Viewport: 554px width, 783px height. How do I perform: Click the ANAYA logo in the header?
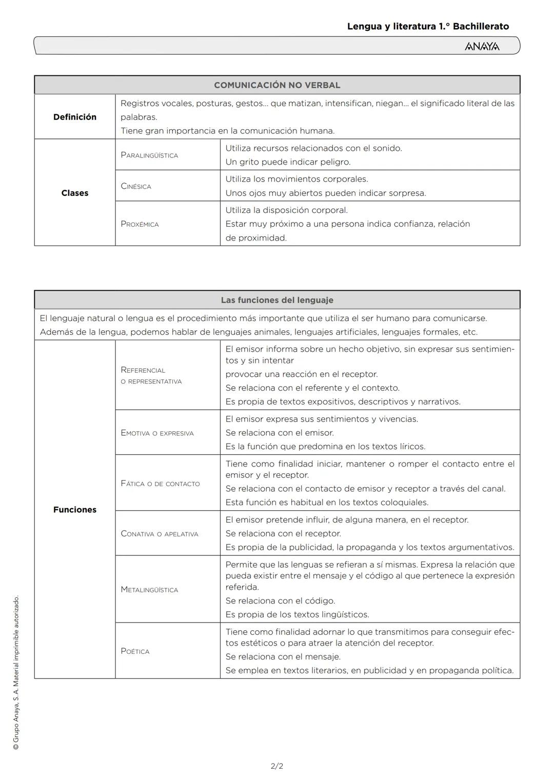tap(482, 47)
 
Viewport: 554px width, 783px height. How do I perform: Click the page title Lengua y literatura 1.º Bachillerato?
tap(428, 26)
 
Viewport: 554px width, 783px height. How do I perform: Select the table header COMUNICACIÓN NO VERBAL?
tap(277, 85)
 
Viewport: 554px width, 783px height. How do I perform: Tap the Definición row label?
tap(75, 117)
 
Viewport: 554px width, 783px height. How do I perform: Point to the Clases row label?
tap(75, 193)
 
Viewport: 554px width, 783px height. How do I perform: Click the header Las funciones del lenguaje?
tap(277, 300)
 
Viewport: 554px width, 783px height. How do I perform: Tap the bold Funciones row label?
tap(75, 510)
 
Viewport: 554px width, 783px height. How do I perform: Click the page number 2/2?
tap(277, 766)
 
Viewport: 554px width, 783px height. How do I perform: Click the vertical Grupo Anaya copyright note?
tap(16, 672)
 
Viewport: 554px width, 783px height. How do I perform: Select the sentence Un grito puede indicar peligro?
tap(288, 162)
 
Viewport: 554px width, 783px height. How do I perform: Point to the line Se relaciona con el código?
tap(280, 600)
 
